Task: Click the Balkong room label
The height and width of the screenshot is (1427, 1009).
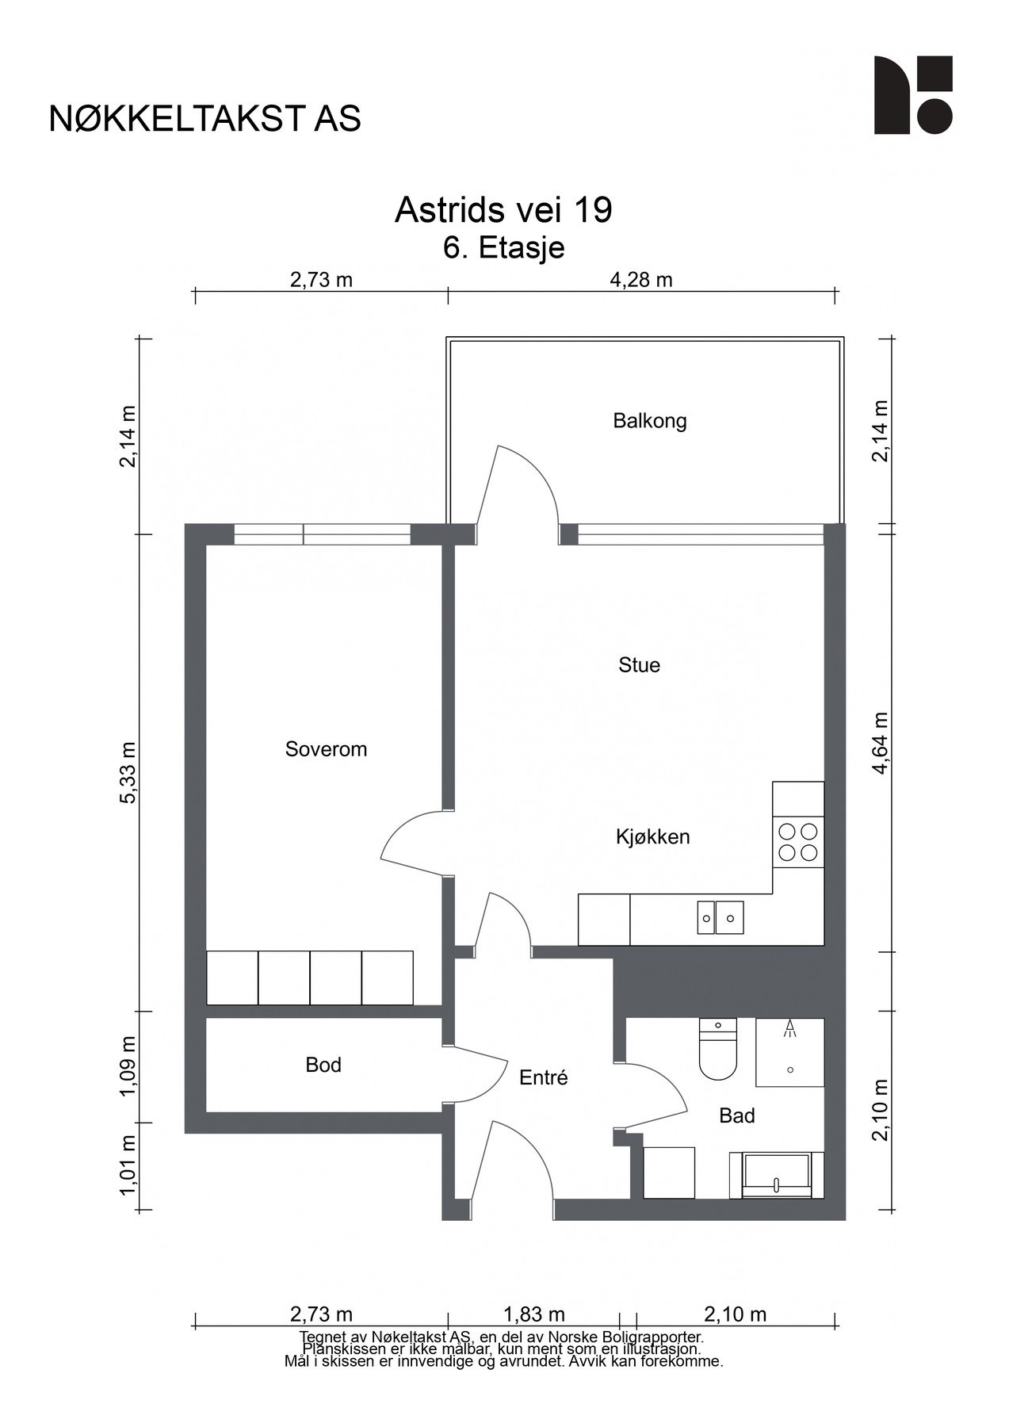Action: tap(649, 421)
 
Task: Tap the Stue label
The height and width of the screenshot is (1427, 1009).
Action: tap(639, 665)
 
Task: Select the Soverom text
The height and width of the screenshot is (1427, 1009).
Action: tap(326, 749)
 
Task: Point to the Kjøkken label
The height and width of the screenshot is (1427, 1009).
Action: tap(652, 836)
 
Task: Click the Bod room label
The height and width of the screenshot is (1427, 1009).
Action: tap(323, 1065)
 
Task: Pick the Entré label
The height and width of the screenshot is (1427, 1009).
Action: tap(544, 1078)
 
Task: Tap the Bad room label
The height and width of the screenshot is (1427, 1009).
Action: tap(736, 1116)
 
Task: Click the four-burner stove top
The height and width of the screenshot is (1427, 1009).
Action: tap(798, 842)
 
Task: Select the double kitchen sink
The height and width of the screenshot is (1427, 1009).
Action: tap(720, 917)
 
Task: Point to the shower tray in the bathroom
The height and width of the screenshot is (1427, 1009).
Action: tap(789, 1053)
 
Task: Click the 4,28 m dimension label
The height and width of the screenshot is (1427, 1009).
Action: tap(641, 280)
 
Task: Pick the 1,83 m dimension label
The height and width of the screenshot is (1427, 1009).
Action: tap(534, 1314)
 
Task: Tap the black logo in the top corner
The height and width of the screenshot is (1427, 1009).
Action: tap(913, 95)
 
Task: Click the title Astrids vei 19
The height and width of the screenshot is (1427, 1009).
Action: tap(503, 211)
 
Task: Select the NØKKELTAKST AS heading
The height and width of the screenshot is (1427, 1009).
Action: tap(205, 119)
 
